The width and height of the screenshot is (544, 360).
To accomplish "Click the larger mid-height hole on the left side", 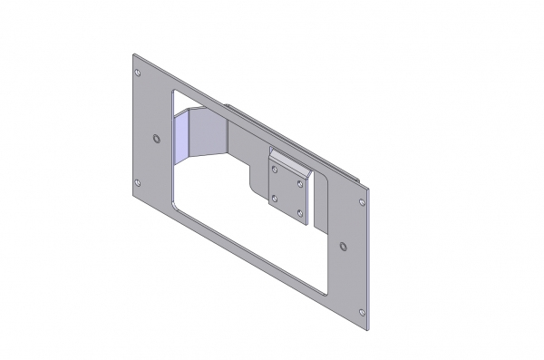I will point(157,139).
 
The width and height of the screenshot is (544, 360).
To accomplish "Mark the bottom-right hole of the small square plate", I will point(300,212).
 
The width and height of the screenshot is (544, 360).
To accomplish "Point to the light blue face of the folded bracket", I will point(182,136).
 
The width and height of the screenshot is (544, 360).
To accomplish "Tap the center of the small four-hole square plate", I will point(288,194).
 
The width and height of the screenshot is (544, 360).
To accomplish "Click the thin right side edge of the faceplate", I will point(370,263).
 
